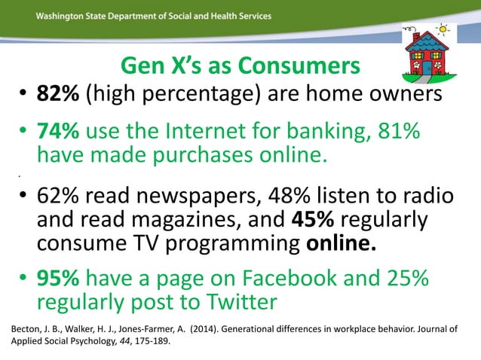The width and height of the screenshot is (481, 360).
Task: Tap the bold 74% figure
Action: click(x=60, y=133)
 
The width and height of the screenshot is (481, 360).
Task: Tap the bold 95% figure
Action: click(x=60, y=279)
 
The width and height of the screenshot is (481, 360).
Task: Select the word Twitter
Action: click(x=237, y=303)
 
